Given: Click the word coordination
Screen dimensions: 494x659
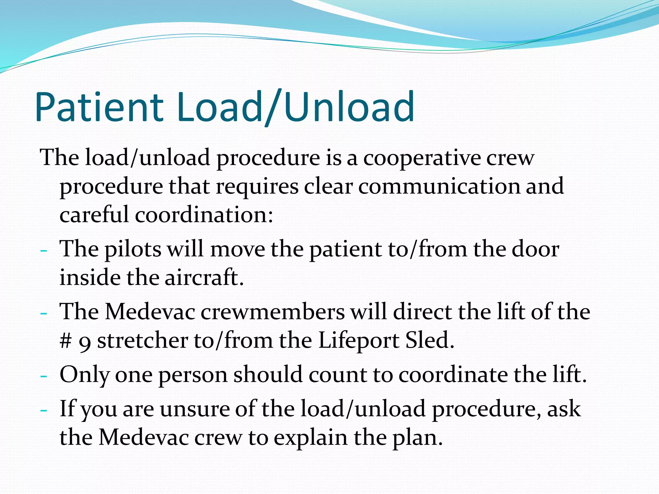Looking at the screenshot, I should pyautogui.click(x=204, y=215).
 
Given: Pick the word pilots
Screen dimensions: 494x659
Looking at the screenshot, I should pyautogui.click(x=133, y=249).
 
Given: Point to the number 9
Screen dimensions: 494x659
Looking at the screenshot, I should pyautogui.click(x=84, y=342).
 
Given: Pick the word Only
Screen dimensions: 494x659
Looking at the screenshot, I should pyautogui.click(x=84, y=375).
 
